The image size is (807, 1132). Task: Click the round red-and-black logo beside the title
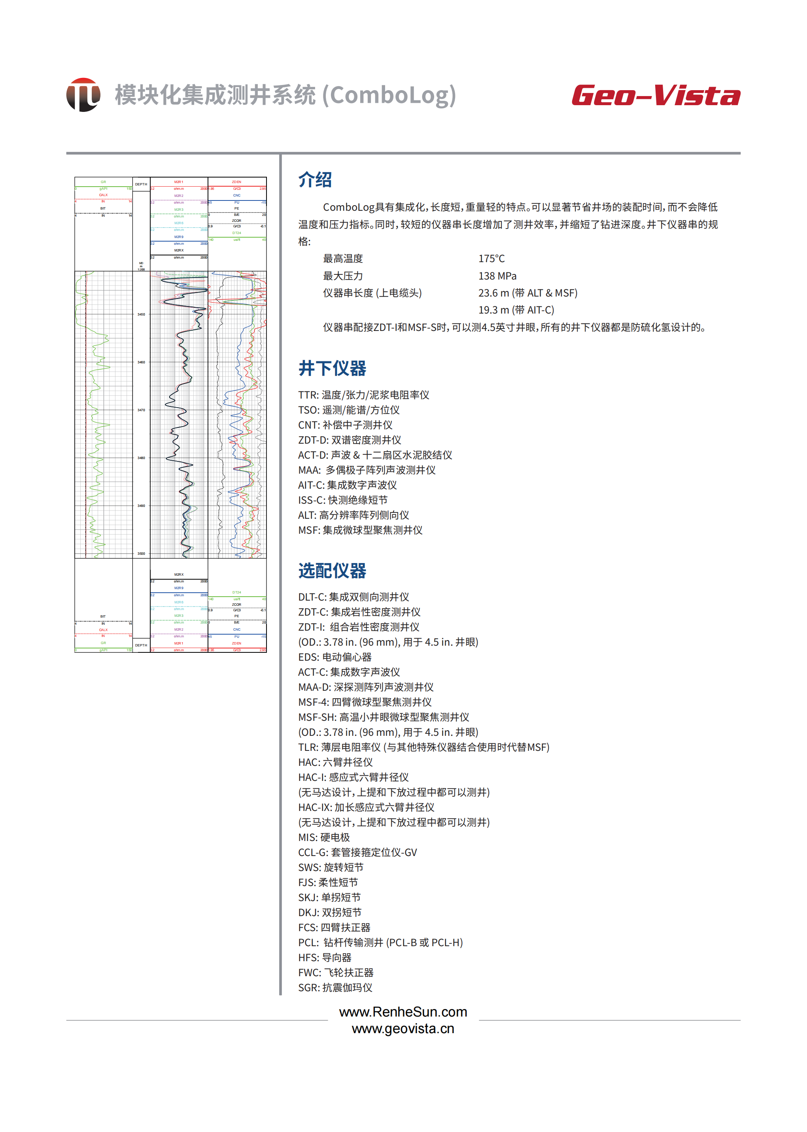coord(83,94)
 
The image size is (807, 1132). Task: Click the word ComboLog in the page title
coord(389,95)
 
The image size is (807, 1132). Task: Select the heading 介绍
coord(315,180)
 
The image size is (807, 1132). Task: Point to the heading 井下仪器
coord(332,368)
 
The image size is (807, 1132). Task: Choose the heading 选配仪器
coord(332,571)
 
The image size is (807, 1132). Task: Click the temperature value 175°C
coord(491,259)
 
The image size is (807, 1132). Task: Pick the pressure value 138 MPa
coord(497,276)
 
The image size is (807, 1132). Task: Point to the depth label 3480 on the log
coord(141,458)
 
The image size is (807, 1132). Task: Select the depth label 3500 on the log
coord(141,554)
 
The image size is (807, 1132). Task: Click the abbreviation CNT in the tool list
coord(308,425)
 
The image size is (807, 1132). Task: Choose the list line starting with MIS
coord(324,837)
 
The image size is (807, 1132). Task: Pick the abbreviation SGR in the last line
coord(308,987)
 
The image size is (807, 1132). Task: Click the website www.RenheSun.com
coord(403,1012)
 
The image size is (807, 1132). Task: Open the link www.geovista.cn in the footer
coord(403,1028)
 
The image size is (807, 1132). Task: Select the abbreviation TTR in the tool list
coord(308,395)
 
